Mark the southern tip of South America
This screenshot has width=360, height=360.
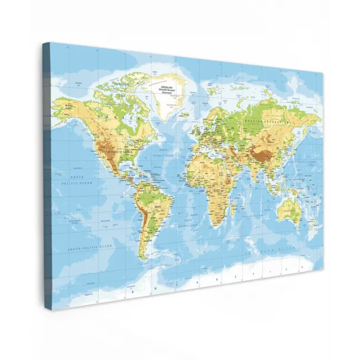[143, 258]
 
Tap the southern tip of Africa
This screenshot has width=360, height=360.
[210, 225]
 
